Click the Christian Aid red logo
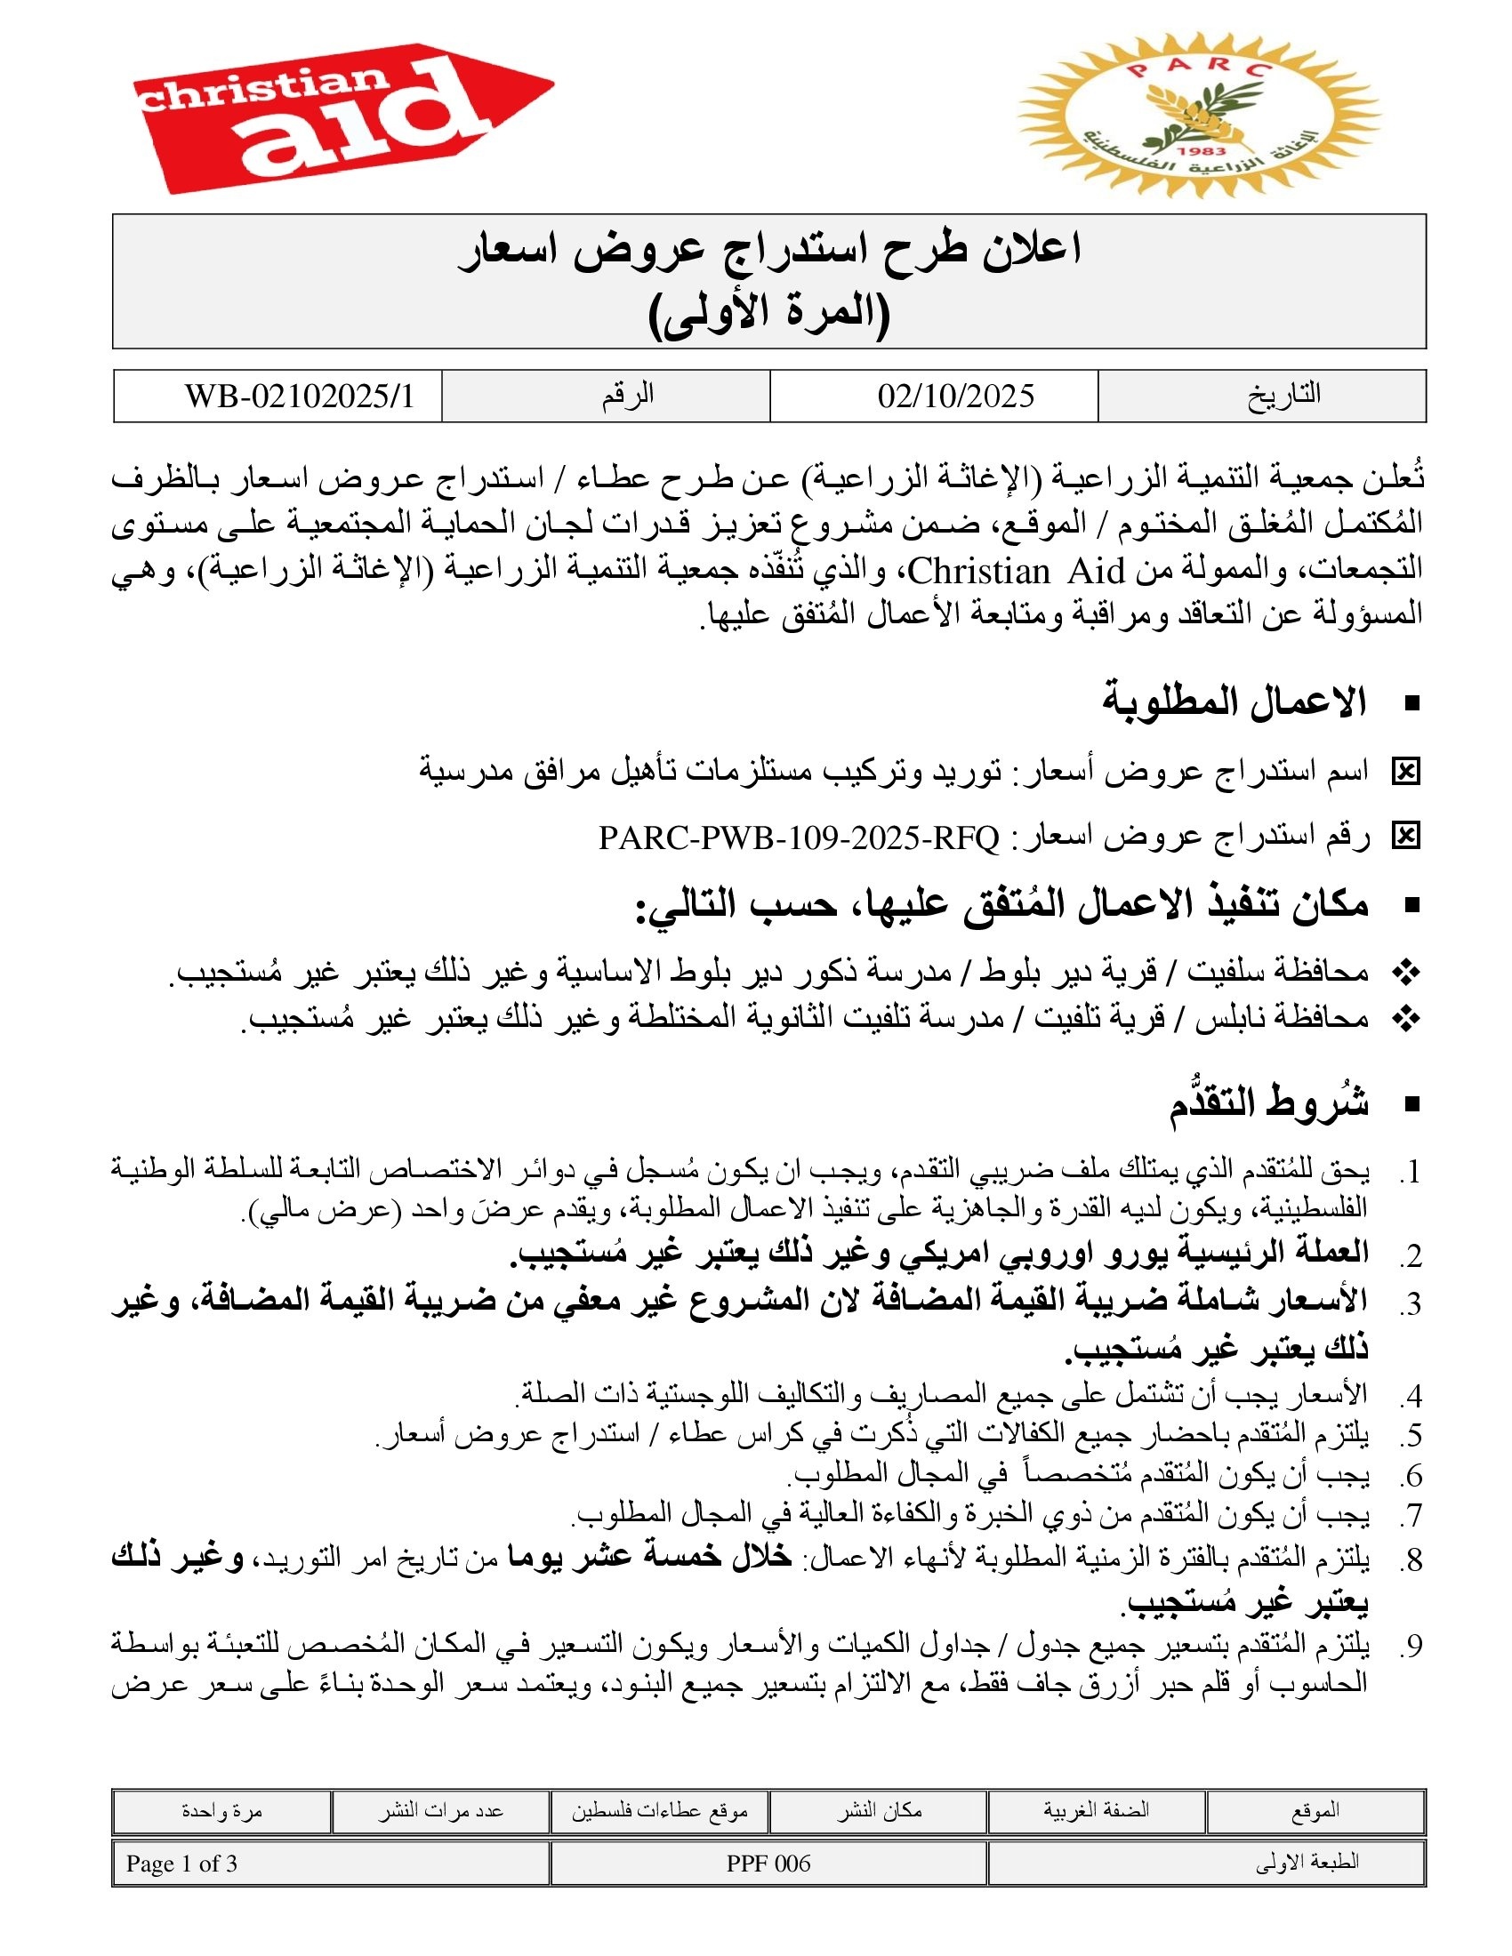pyautogui.click(x=341, y=116)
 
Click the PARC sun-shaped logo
pyautogui.click(x=1200, y=116)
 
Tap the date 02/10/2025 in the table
pyautogui.click(x=955, y=396)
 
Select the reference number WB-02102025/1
pyautogui.click(x=299, y=396)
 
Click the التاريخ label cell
pyautogui.click(x=1284, y=395)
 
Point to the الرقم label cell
pyautogui.click(x=627, y=395)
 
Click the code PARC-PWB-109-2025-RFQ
pyautogui.click(x=798, y=838)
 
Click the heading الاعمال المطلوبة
pyautogui.click(x=1234, y=702)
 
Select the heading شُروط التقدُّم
pyautogui.click(x=1268, y=1102)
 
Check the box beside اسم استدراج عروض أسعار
pyautogui.click(x=1405, y=771)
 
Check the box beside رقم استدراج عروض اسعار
pyautogui.click(x=1405, y=837)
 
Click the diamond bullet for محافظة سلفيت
pyautogui.click(x=1406, y=973)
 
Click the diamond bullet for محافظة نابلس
pyautogui.click(x=1406, y=1019)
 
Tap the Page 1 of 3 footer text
pyautogui.click(x=181, y=1864)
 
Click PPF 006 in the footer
pyautogui.click(x=768, y=1864)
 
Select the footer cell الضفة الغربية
pyautogui.click(x=1096, y=1810)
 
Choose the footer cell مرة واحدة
pyautogui.click(x=221, y=1810)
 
